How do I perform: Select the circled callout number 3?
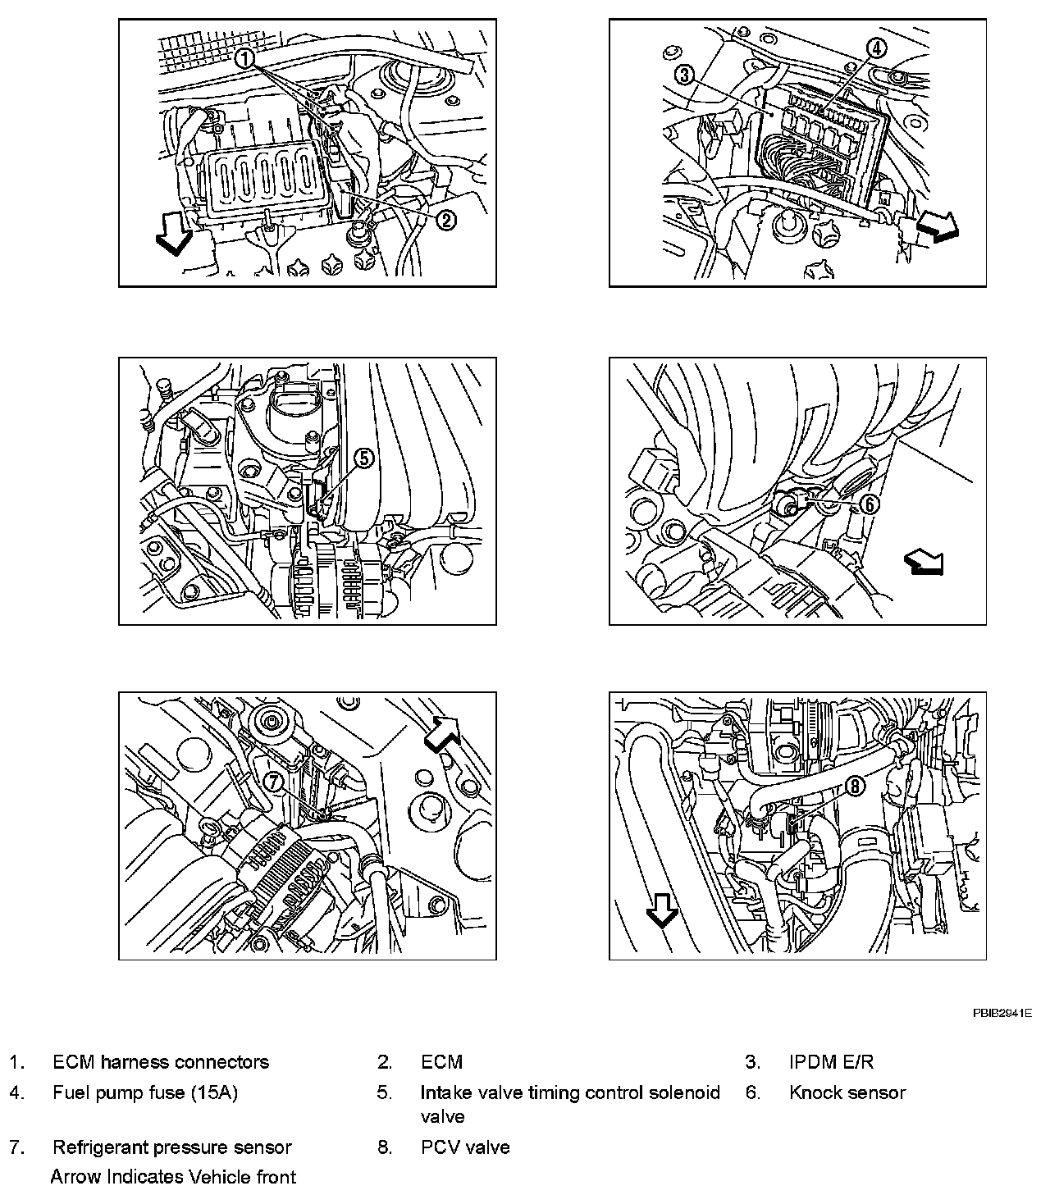[x=685, y=76]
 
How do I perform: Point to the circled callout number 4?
[x=876, y=48]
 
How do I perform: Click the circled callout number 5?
[x=364, y=458]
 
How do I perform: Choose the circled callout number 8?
[x=854, y=787]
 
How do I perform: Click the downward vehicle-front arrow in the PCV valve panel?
[x=662, y=908]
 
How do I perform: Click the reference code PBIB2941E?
[x=1002, y=1013]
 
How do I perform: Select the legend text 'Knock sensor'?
[x=847, y=1092]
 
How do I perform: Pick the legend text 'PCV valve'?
[x=465, y=1147]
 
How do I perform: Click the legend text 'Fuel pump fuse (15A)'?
[x=145, y=1092]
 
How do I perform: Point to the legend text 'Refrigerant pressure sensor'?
[x=172, y=1147]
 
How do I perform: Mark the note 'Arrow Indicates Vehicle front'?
[x=173, y=1177]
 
